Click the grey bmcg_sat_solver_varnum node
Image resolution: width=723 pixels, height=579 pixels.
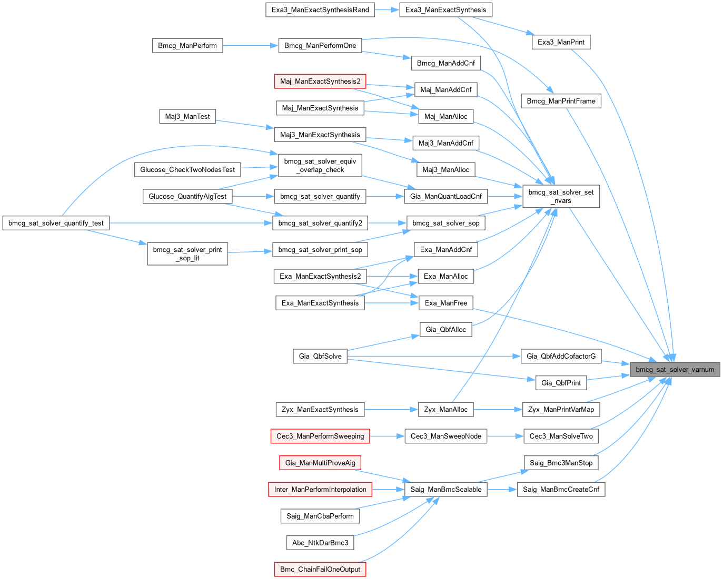pyautogui.click(x=675, y=369)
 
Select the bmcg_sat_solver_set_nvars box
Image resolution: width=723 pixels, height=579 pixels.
pyautogui.click(x=561, y=196)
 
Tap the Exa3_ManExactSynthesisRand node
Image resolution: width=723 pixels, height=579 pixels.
pyautogui.click(x=320, y=10)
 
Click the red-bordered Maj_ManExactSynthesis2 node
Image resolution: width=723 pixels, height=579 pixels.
pyautogui.click(x=320, y=82)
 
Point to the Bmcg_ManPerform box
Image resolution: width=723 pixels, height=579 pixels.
pyautogui.click(x=187, y=46)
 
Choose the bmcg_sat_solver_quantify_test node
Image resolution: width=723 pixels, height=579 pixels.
pyautogui.click(x=56, y=223)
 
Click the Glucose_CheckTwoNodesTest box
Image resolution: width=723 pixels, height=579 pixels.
pyautogui.click(x=187, y=170)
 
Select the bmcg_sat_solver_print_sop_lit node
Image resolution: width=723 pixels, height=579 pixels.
pyautogui.click(x=187, y=254)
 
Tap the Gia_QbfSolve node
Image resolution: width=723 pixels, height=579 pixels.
pyautogui.click(x=320, y=356)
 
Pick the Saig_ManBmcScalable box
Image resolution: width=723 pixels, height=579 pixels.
pyautogui.click(x=446, y=490)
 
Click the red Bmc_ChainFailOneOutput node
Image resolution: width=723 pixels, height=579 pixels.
pyautogui.click(x=320, y=570)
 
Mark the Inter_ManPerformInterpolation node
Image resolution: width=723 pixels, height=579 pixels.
pyautogui.click(x=320, y=490)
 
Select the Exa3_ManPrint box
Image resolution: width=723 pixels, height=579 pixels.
pyautogui.click(x=561, y=42)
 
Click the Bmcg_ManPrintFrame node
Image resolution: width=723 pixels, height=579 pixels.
pyautogui.click(x=561, y=101)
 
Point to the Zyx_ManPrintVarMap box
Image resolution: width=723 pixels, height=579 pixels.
pyautogui.click(x=561, y=410)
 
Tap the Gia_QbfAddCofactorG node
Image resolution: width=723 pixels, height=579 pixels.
pyautogui.click(x=561, y=356)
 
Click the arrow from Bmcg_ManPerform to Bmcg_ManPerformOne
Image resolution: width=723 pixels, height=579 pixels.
pyautogui.click(x=250, y=46)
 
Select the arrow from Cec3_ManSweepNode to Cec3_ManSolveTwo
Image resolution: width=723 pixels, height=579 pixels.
pyautogui.click(x=505, y=436)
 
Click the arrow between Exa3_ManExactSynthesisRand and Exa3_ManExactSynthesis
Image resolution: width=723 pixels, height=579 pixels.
pyautogui.click(x=387, y=10)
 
